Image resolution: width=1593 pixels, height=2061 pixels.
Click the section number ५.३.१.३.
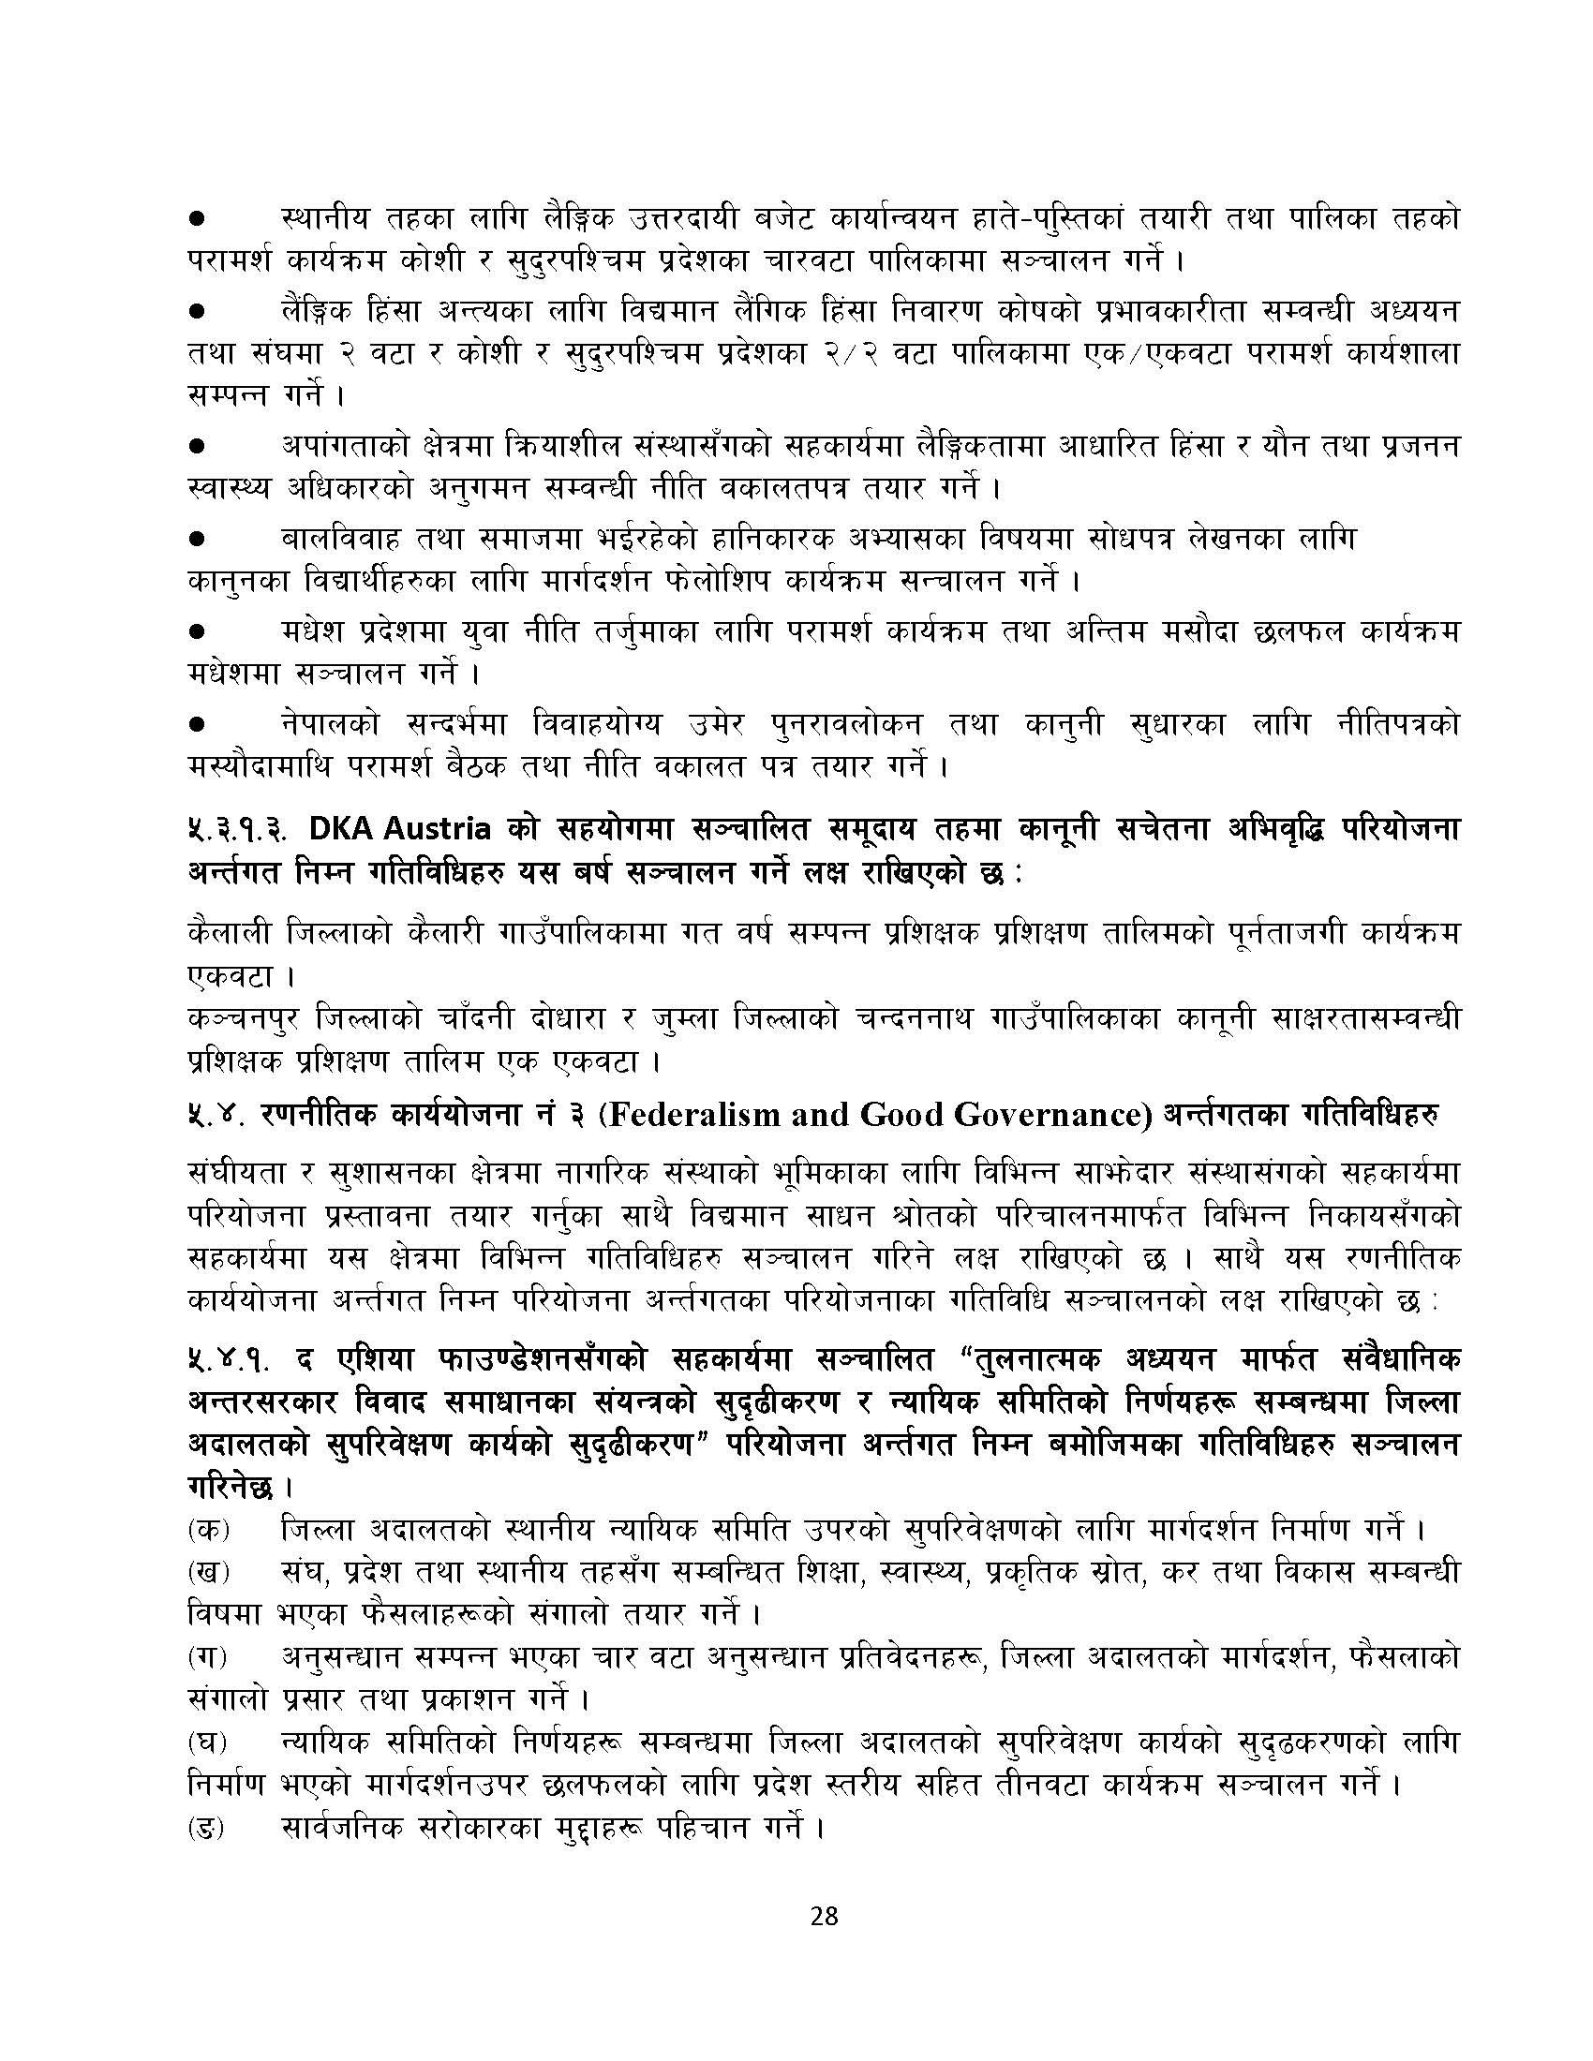point(240,830)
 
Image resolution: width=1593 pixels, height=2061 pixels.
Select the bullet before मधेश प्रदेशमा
point(198,630)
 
